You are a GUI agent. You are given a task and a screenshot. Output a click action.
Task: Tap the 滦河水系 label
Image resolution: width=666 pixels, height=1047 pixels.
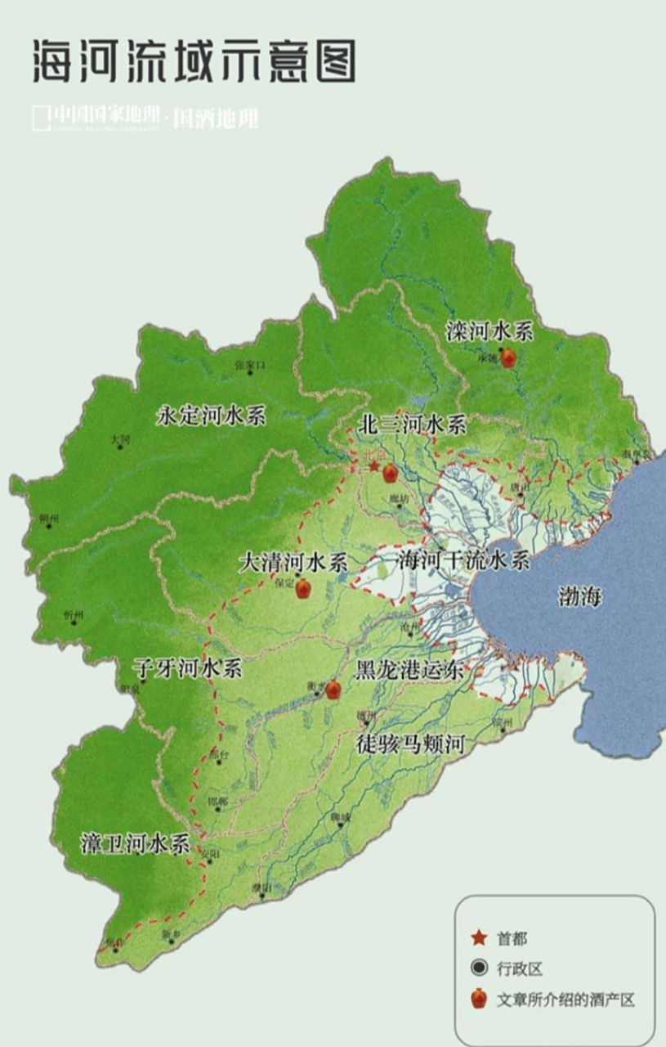[x=489, y=331]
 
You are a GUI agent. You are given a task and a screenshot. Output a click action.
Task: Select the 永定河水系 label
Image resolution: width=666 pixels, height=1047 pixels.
[x=211, y=416]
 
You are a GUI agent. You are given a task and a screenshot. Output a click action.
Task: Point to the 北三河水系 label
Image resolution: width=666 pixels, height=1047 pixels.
[x=412, y=424]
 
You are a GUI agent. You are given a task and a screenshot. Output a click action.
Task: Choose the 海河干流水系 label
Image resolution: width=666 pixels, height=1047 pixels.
[x=463, y=561]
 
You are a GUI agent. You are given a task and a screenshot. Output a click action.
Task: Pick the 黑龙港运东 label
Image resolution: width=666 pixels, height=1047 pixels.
[x=409, y=671]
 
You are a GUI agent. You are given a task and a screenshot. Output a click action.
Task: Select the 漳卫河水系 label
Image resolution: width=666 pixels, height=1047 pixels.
[x=136, y=843]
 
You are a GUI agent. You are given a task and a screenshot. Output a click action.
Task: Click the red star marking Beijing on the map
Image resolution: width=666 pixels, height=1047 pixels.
[x=374, y=467]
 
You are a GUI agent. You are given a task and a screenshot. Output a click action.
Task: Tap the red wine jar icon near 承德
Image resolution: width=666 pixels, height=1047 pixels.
[x=508, y=357]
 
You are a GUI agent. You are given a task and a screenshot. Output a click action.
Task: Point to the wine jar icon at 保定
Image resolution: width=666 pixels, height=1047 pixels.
[x=303, y=588]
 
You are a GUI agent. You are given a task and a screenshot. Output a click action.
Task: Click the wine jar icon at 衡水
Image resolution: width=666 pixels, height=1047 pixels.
[x=333, y=690]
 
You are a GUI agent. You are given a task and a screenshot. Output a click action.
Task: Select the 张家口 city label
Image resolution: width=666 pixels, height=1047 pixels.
[x=250, y=364]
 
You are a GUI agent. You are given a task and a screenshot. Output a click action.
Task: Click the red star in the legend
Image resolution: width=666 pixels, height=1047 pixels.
[x=479, y=938]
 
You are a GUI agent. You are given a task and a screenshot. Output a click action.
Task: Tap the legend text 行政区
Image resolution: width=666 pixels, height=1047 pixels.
[x=519, y=969]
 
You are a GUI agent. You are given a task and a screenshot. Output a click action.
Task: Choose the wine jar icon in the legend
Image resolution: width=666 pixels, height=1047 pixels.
[x=479, y=999]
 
